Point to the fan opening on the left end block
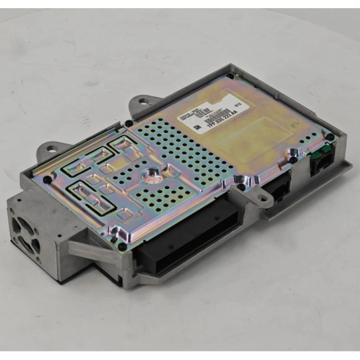(26, 234)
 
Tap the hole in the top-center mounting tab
(143, 102)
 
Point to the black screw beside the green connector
(330, 136)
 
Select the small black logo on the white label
(197, 128)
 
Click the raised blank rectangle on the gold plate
(252, 135)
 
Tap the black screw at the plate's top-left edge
(129, 123)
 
